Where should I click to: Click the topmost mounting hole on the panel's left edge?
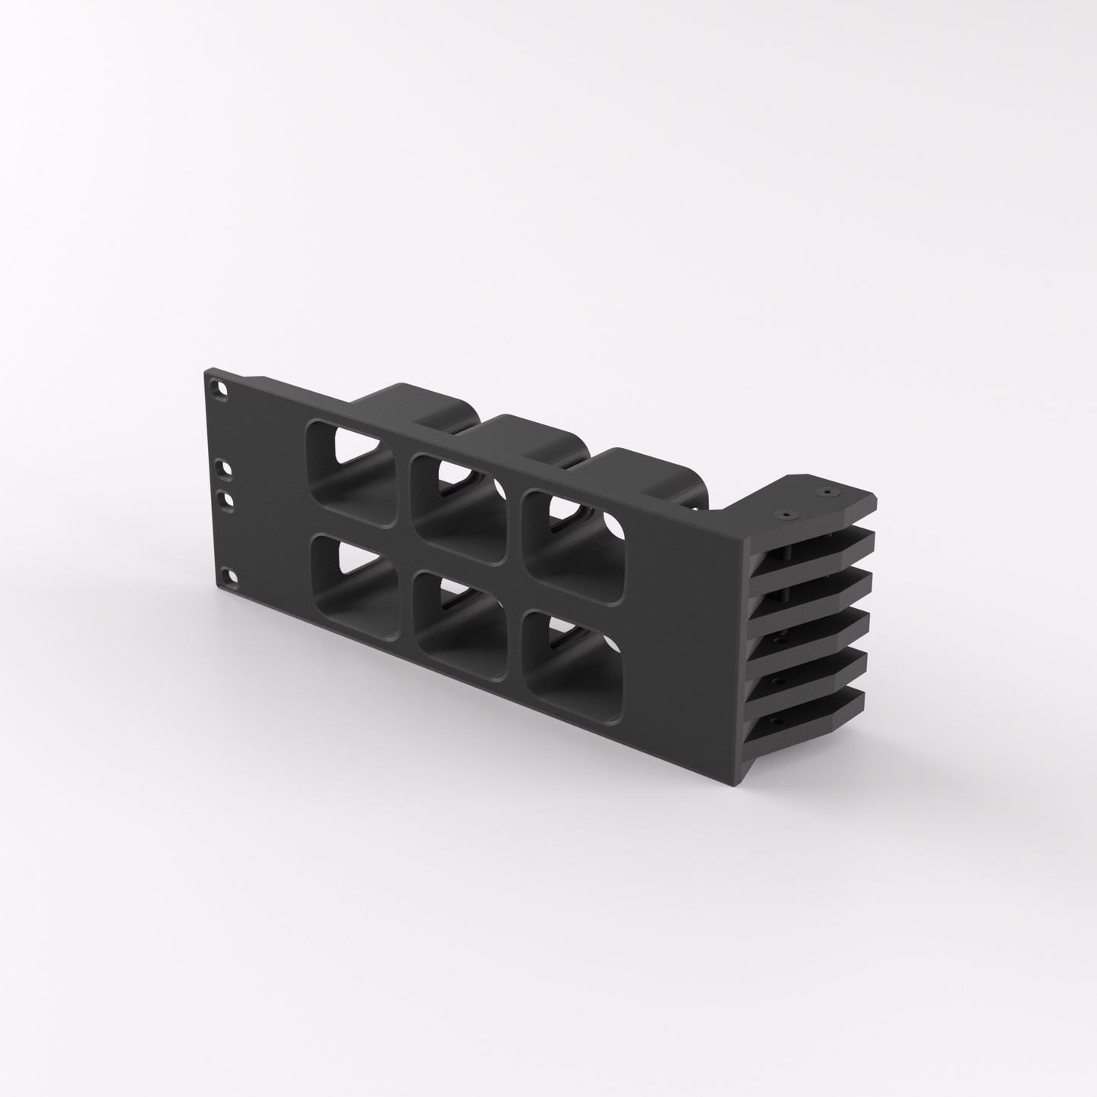[221, 388]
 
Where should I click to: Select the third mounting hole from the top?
[225, 500]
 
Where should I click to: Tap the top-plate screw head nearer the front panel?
[786, 514]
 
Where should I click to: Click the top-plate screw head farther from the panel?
[827, 492]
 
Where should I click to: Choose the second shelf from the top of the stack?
[820, 585]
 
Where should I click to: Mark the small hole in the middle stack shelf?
[776, 640]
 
